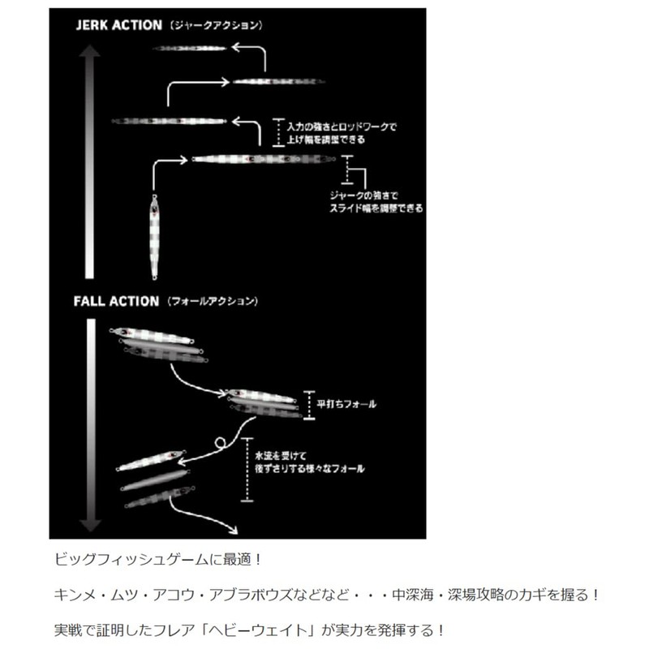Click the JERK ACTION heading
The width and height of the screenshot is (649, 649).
coord(118,24)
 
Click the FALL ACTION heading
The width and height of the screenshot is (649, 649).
coord(115,301)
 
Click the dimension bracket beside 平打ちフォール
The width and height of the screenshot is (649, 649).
coord(309,404)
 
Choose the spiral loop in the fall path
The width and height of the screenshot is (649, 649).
coord(220,442)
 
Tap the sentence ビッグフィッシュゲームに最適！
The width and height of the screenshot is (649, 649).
coord(159,561)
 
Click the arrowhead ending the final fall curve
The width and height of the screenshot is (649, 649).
coord(234,530)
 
